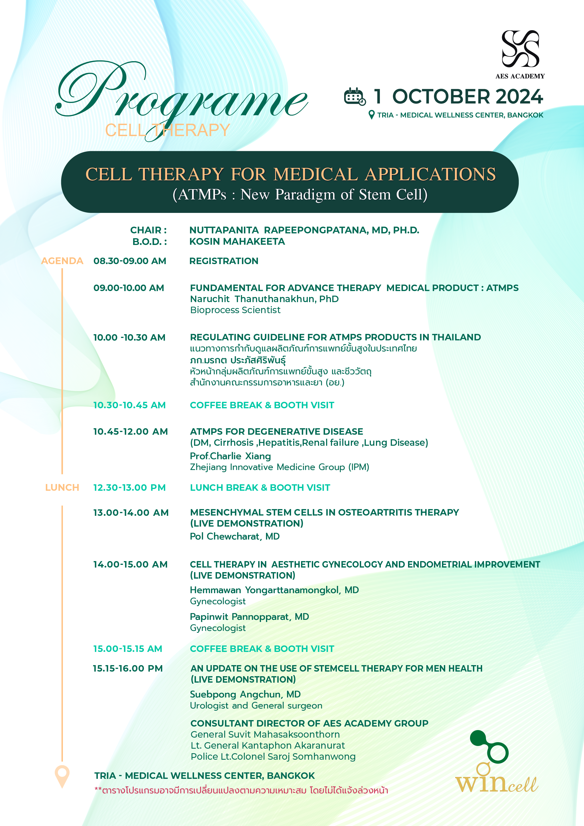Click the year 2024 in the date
click(519, 96)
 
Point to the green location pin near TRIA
click(372, 115)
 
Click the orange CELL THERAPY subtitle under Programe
click(167, 130)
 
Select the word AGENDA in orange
click(62, 261)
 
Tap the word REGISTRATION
click(224, 261)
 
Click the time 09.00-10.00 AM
click(129, 288)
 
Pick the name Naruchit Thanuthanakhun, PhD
click(264, 299)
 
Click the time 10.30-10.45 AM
click(130, 405)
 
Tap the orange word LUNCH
click(62, 488)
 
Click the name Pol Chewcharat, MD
click(235, 536)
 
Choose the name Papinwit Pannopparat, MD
click(249, 617)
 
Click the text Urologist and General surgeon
click(256, 706)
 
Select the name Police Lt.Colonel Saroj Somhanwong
click(273, 756)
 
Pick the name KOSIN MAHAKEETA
click(237, 241)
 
